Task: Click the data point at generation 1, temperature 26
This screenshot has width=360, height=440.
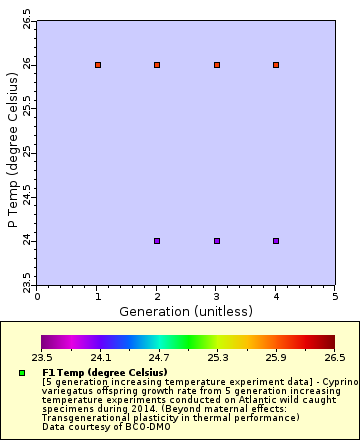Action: pyautogui.click(x=98, y=65)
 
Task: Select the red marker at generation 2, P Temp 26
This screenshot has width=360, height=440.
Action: pyautogui.click(x=157, y=65)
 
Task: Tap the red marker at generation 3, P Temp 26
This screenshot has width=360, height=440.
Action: pyautogui.click(x=217, y=65)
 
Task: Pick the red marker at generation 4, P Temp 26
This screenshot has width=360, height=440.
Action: pyautogui.click(x=276, y=65)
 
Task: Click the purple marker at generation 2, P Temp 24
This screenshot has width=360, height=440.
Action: pyautogui.click(x=157, y=241)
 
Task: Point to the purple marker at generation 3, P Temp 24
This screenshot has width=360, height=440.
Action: pyautogui.click(x=217, y=241)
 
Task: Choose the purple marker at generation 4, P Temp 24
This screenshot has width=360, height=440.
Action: pyautogui.click(x=276, y=241)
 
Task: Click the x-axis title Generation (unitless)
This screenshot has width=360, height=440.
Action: pyautogui.click(x=186, y=311)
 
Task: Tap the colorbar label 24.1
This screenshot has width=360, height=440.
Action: pyautogui.click(x=101, y=356)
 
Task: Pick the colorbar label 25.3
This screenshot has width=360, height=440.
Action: pyautogui.click(x=217, y=356)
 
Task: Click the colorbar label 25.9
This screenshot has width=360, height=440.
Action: pyautogui.click(x=276, y=356)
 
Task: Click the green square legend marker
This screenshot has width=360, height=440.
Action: pyautogui.click(x=21, y=373)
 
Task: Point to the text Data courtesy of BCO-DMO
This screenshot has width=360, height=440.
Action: pyautogui.click(x=101, y=427)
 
